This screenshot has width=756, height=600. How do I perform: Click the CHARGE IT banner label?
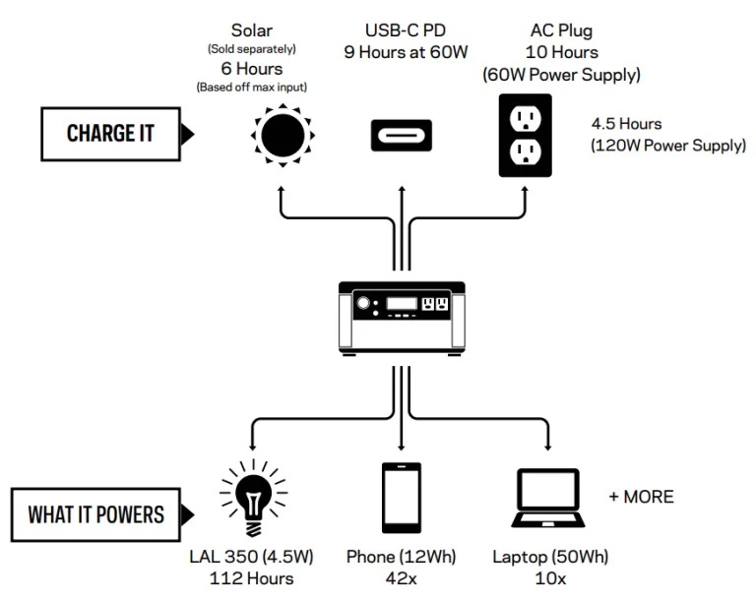(x=110, y=133)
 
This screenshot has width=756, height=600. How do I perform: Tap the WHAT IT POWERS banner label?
(x=95, y=514)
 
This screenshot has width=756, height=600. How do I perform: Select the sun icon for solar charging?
(x=281, y=135)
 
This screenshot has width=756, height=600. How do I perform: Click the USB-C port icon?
(x=401, y=135)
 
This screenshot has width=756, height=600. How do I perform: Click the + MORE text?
(x=641, y=497)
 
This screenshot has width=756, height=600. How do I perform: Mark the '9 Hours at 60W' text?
(x=402, y=52)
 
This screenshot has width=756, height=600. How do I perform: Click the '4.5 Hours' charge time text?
(x=626, y=125)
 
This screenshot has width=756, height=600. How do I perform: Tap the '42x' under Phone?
(x=402, y=578)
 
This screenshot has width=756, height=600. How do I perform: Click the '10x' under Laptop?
(x=547, y=578)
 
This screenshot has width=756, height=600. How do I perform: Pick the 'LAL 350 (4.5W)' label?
(x=251, y=557)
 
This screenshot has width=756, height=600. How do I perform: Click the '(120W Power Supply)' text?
(x=667, y=146)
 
